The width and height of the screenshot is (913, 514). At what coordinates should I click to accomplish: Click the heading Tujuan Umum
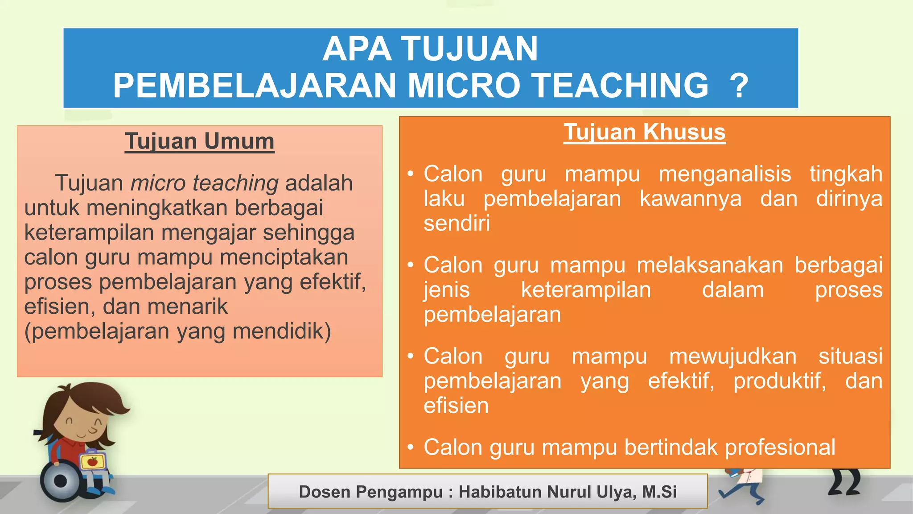[199, 141]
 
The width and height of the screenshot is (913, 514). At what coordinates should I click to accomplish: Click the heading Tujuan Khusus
[644, 133]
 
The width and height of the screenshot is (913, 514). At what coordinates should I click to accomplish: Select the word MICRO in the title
[464, 86]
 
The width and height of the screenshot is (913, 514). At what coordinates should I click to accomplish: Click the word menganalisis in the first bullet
[724, 174]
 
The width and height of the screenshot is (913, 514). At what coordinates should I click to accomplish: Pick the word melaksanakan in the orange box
[710, 265]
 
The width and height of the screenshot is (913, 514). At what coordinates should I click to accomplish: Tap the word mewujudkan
[732, 356]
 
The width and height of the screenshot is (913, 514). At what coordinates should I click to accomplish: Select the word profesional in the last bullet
[780, 448]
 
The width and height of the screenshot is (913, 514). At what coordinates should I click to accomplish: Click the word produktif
[779, 381]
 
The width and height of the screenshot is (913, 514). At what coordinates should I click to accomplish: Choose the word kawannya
[690, 199]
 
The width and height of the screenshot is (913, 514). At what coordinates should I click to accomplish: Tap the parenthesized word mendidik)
[282, 332]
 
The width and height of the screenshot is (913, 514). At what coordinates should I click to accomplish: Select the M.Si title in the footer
[659, 492]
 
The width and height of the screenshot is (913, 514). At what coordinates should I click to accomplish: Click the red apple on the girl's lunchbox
[92, 461]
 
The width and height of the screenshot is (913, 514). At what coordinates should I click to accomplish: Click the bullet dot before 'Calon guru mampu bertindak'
[411, 447]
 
